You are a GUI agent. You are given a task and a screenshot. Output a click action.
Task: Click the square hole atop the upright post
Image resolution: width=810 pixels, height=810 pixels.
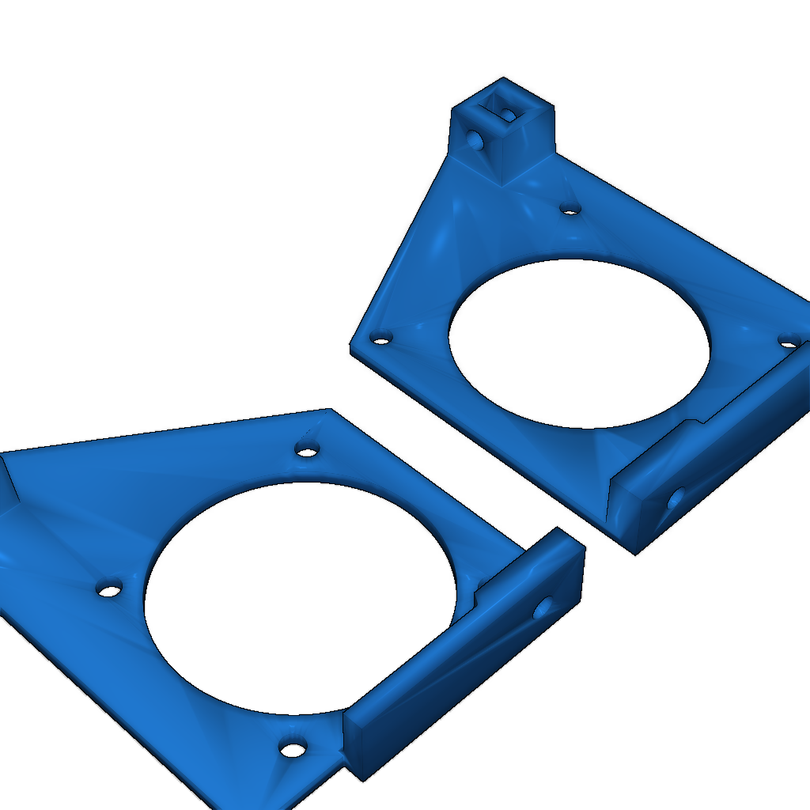[x=502, y=108]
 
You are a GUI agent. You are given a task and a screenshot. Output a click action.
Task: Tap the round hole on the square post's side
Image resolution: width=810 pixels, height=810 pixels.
[x=475, y=140]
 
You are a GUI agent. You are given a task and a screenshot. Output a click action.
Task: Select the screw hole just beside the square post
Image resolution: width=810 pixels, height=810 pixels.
[x=570, y=209]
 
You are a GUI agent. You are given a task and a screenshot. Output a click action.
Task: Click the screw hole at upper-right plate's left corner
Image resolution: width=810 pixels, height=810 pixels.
[x=382, y=340]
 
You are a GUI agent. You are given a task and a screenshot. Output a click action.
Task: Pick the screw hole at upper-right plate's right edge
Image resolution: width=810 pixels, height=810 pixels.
[x=789, y=342]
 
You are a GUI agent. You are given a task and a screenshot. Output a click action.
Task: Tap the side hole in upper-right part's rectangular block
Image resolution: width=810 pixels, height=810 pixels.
[x=676, y=498]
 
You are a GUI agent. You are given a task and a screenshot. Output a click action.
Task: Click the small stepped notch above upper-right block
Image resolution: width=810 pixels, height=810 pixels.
[x=696, y=422]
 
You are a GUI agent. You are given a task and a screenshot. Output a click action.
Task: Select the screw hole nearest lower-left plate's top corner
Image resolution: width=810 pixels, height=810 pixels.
[x=306, y=451]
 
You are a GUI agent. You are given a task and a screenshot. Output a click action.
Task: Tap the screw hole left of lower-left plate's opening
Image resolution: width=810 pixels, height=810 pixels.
[x=109, y=590]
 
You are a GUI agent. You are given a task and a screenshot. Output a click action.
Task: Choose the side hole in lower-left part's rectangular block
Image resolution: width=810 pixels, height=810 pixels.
[x=543, y=608]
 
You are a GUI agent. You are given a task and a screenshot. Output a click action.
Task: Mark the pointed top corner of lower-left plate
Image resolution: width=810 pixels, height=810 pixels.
[x=327, y=410]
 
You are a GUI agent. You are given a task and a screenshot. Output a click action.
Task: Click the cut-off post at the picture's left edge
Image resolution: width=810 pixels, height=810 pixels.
[x=8, y=483]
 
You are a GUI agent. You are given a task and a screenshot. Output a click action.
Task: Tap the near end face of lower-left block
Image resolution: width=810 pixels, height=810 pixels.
[x=358, y=748]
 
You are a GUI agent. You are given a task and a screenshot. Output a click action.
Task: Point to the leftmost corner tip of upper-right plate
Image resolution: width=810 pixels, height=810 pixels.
[x=351, y=346]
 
